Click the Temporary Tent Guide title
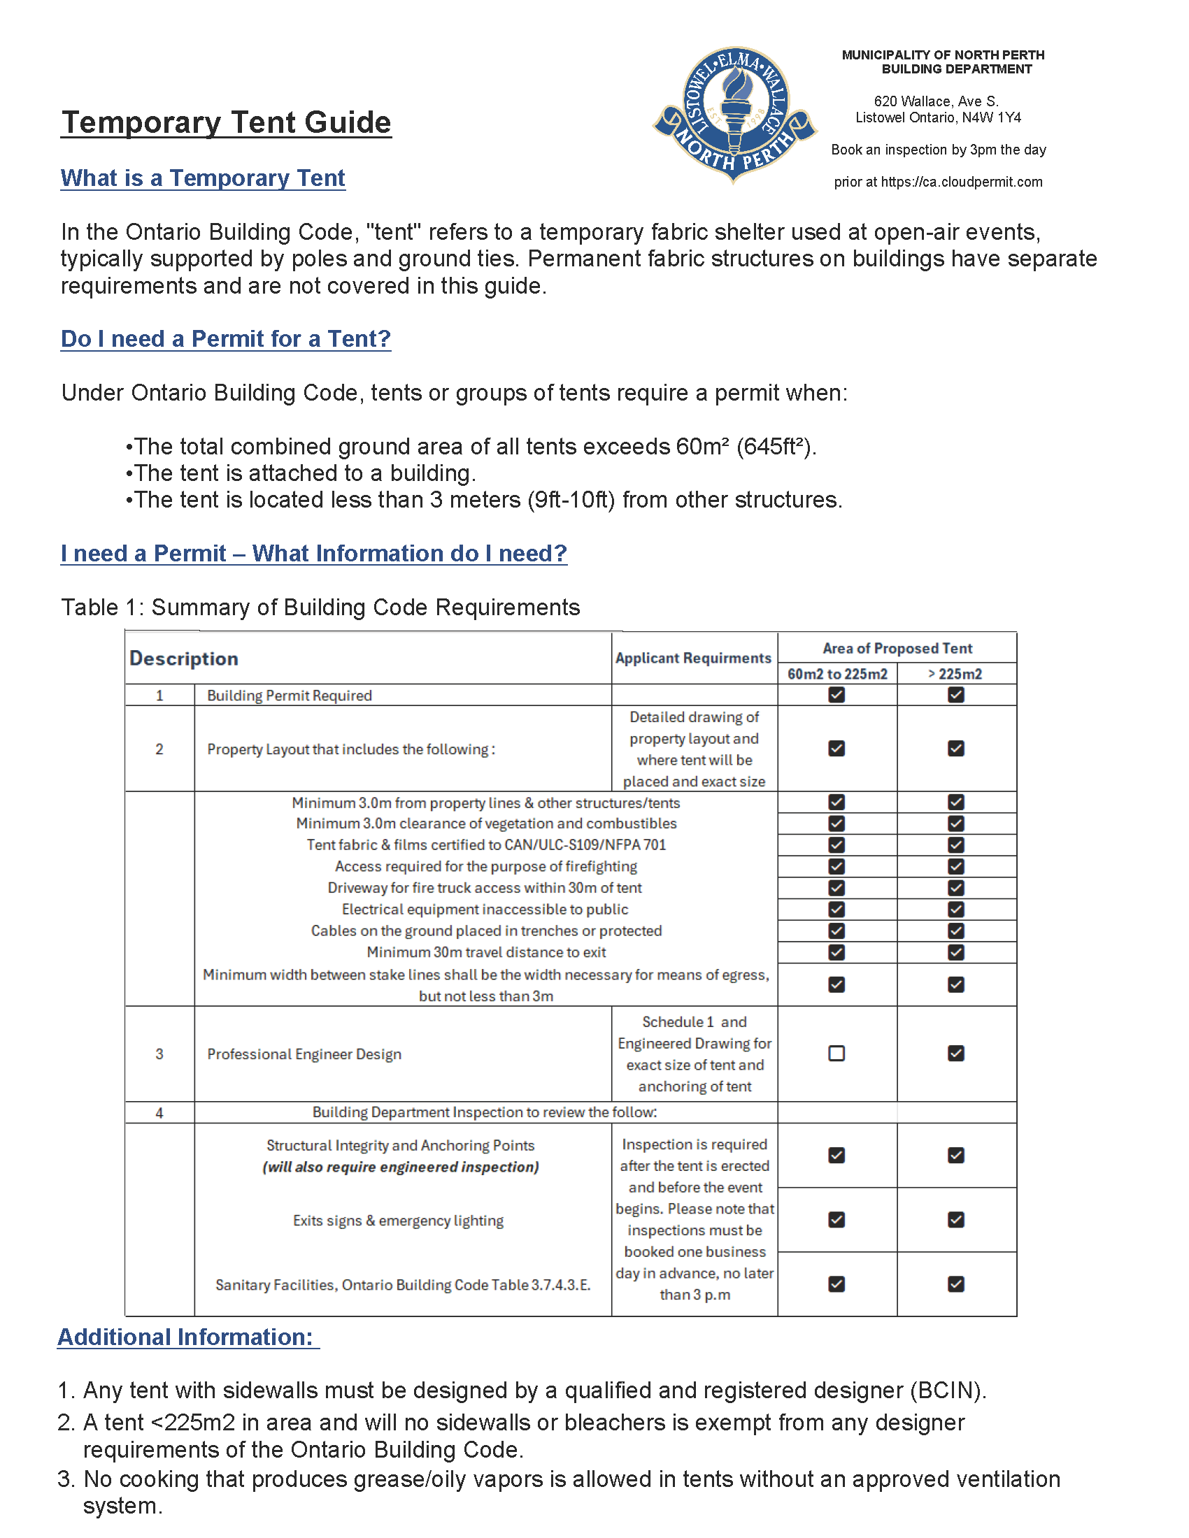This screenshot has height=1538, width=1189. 225,122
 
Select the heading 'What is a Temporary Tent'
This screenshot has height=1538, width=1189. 203,178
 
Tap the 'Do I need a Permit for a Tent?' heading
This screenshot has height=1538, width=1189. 225,339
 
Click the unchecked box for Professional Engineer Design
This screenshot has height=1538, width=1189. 836,1054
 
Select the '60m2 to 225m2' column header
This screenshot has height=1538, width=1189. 836,674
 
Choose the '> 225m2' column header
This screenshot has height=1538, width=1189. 955,674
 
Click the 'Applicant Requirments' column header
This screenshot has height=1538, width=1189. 693,658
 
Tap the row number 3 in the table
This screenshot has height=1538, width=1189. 159,1054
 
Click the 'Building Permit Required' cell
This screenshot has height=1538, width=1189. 290,696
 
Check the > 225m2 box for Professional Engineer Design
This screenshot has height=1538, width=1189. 956,1054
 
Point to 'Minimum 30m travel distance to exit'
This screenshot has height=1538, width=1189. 486,952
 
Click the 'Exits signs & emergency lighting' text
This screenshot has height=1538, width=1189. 398,1221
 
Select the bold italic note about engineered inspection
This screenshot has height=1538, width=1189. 401,1167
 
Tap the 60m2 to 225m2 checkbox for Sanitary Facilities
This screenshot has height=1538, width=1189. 836,1284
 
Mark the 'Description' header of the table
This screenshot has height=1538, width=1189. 184,659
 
